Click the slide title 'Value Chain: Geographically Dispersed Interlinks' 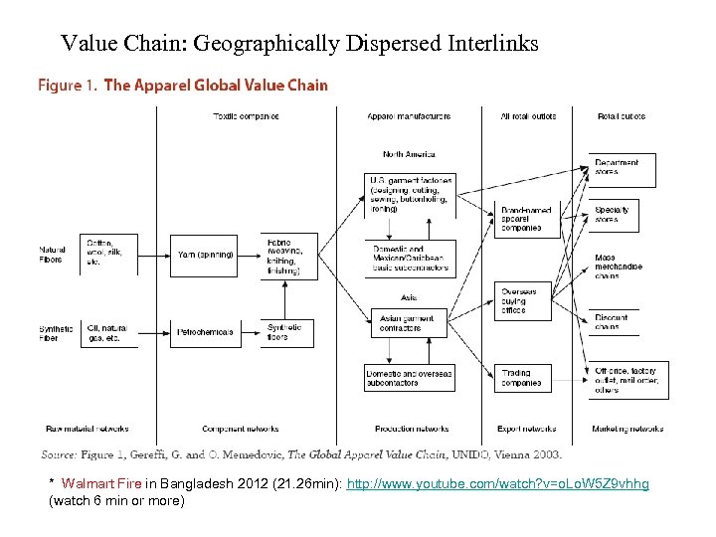pos(299,44)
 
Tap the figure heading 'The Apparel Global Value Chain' pos(216,86)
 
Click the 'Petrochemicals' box pos(204,331)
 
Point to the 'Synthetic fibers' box pos(288,332)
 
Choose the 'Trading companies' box pos(522,378)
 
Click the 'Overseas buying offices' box pos(522,300)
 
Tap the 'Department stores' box pos(624,167)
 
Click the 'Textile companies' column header pos(246,116)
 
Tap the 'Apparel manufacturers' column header pos(409,116)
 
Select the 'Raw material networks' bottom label pos(87,429)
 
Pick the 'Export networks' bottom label pos(526,429)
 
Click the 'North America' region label pos(409,154)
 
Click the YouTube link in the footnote pos(497,484)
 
